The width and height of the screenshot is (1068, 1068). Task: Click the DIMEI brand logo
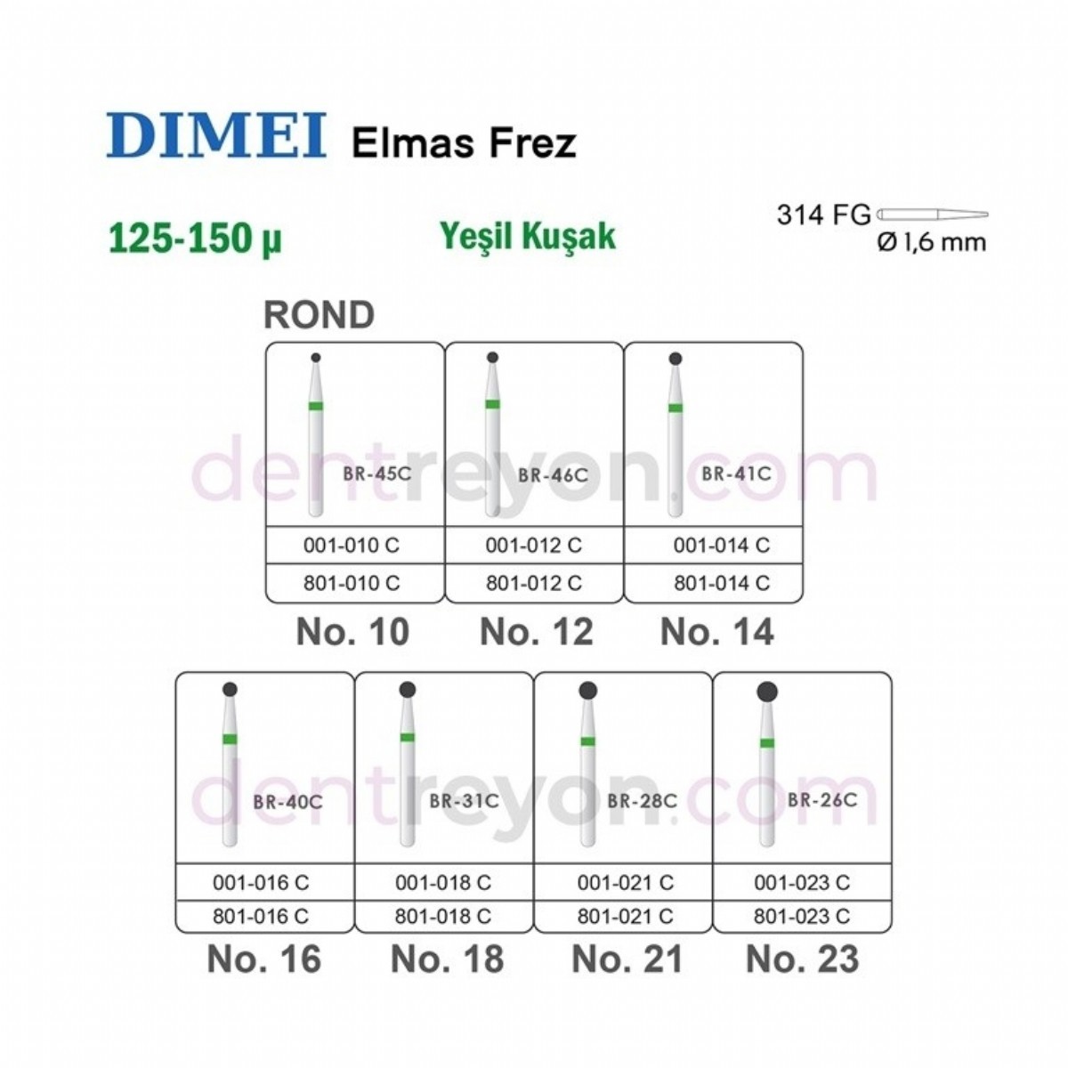216,137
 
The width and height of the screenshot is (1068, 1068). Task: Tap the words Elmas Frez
464,142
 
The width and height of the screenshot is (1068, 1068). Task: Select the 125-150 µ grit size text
194,239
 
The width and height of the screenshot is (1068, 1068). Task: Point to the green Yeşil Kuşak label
528,236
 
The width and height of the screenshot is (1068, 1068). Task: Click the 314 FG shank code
823,214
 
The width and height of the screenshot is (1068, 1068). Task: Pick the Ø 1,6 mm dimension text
932,242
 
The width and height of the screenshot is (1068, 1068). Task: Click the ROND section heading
319,315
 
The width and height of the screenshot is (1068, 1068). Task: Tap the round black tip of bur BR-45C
315,358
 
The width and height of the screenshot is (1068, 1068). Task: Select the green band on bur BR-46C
492,405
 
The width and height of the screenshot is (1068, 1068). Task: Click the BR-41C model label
735,473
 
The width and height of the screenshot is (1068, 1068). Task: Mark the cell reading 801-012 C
534,583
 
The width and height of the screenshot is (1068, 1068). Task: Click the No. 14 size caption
717,632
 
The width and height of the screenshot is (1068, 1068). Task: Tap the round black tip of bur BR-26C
766,692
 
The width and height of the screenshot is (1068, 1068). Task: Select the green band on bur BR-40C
229,739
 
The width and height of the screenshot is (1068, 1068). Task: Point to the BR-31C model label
464,801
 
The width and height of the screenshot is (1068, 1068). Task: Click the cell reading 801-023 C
801,915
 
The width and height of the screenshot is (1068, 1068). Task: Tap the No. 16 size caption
263,959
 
